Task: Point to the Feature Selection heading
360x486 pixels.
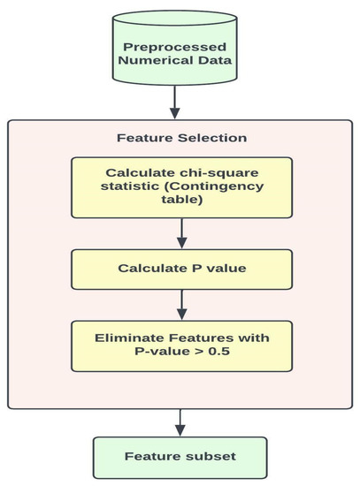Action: [x=181, y=139]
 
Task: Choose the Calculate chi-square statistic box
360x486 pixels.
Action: [x=181, y=186]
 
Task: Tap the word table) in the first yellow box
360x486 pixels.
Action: [x=181, y=201]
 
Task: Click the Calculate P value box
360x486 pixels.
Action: [x=181, y=268]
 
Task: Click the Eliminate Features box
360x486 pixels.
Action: [x=181, y=346]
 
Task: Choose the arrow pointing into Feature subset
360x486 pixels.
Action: [x=181, y=422]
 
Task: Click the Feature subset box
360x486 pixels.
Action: [x=181, y=457]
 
